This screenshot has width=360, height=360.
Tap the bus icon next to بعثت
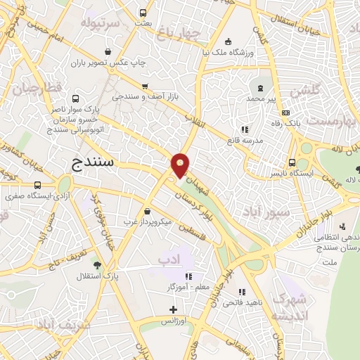coord(143,13)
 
